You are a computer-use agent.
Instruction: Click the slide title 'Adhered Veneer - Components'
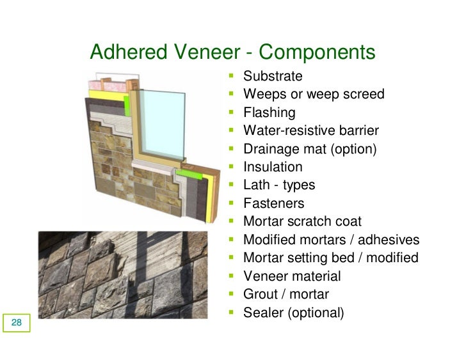(232, 52)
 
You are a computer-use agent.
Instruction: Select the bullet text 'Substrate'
(273, 76)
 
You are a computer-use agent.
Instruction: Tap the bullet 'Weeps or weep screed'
(314, 95)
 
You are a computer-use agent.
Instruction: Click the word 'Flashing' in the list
(269, 113)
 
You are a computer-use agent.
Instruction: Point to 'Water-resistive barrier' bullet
(311, 131)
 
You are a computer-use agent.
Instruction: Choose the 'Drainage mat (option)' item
(310, 149)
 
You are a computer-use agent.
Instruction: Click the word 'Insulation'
(273, 167)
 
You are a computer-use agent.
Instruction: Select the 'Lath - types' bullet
(279, 185)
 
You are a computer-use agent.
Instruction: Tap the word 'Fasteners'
(274, 203)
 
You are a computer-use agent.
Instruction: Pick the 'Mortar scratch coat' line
(302, 222)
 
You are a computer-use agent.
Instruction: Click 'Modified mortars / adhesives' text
(331, 240)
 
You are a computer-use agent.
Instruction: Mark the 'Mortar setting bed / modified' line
(330, 258)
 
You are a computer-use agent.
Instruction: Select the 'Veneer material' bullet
(292, 276)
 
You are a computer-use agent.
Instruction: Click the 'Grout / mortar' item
(286, 295)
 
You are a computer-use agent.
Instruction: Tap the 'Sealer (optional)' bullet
(294, 313)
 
